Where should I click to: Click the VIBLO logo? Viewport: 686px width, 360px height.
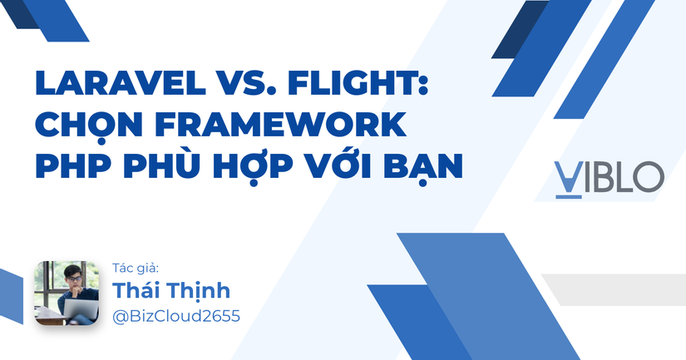[609, 178]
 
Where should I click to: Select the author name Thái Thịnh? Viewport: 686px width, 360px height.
[170, 291]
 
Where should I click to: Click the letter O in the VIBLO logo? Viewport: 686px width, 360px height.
[649, 178]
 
